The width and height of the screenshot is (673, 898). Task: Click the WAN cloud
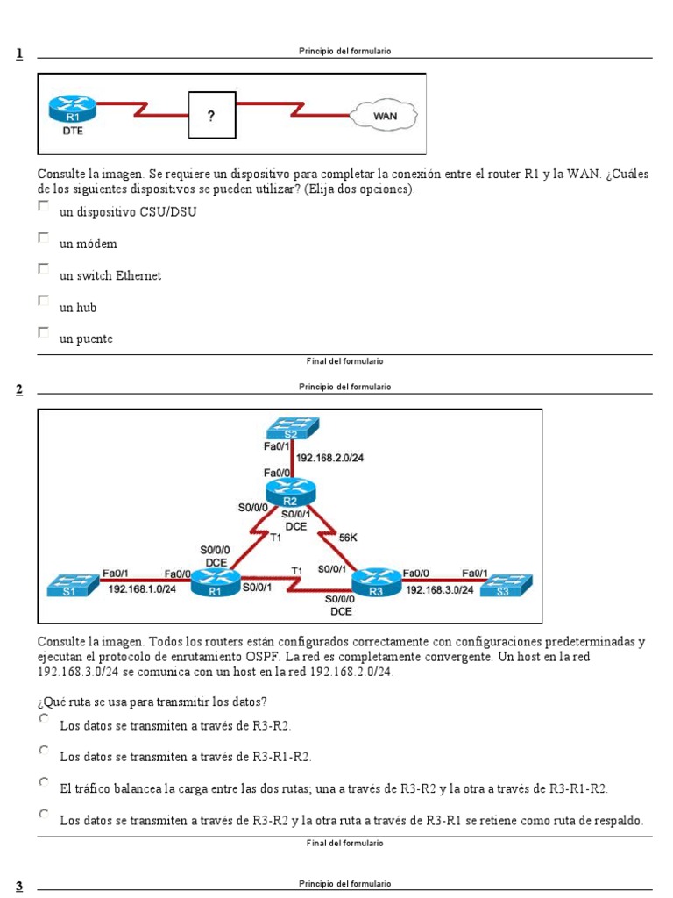pos(385,115)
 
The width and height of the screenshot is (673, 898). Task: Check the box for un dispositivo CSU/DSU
pos(44,205)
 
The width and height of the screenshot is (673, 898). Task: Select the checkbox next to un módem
pos(44,238)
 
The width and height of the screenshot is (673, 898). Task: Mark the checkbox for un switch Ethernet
pos(44,269)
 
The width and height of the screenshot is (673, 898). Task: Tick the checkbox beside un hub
pos(44,301)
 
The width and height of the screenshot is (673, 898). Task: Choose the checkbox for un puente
pos(44,332)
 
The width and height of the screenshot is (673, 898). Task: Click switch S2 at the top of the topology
pos(292,429)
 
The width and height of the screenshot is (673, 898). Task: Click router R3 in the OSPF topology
pos(375,581)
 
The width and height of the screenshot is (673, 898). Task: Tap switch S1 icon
pos(73,585)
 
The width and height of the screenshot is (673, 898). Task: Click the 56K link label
pos(347,538)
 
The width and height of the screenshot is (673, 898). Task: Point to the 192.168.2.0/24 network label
pos(329,458)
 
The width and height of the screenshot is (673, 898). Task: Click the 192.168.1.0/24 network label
pos(142,589)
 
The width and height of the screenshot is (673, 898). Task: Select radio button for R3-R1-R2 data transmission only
pos(44,750)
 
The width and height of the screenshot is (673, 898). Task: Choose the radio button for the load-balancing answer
pos(44,781)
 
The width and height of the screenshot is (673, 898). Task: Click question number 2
pos(19,389)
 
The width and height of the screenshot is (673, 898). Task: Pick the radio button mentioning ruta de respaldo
pos(44,814)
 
